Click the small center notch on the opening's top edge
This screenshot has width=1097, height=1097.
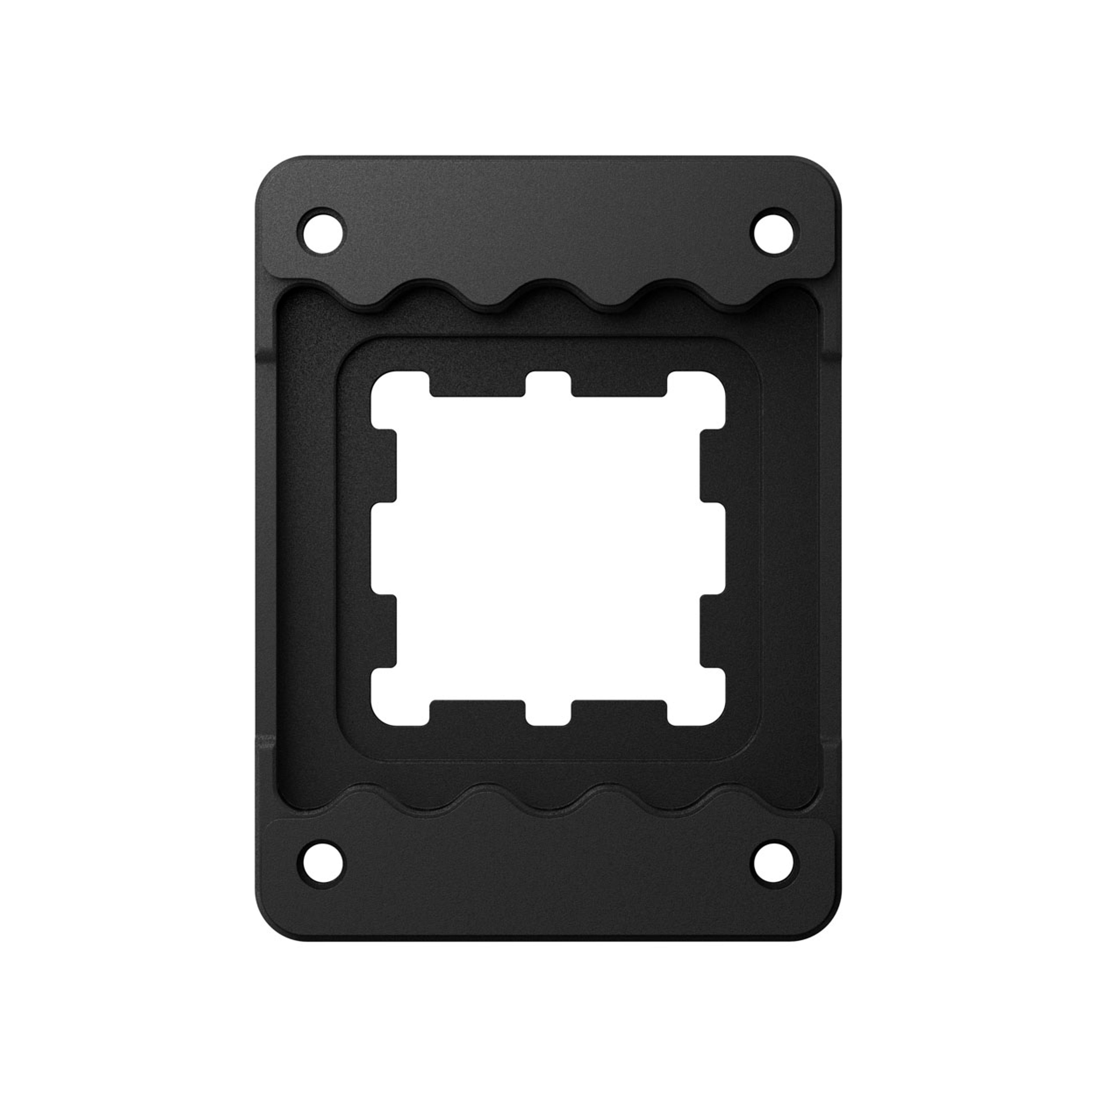tap(548, 385)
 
